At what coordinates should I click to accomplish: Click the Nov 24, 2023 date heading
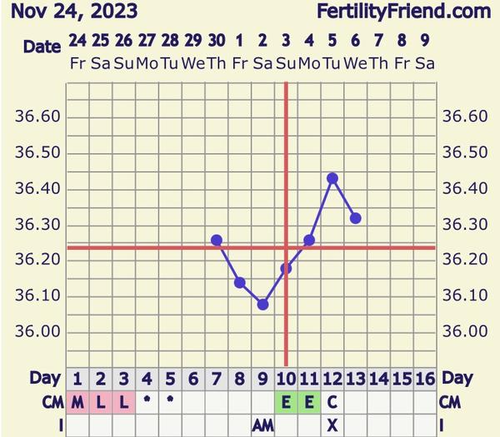[69, 12]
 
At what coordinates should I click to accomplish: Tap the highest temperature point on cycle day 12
[332, 178]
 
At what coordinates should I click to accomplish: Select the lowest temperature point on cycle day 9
[262, 305]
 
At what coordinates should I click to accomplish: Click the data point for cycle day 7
[217, 240]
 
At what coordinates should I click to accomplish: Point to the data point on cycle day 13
[356, 218]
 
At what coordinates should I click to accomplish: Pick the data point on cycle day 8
[240, 283]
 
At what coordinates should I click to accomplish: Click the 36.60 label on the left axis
[37, 117]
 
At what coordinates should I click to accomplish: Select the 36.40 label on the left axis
[37, 189]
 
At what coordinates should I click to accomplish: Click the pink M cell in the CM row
[77, 402]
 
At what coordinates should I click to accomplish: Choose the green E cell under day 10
[286, 402]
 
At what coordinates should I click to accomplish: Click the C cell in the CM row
[332, 402]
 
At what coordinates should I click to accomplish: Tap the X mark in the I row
[332, 425]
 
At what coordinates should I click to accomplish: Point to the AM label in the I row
[262, 425]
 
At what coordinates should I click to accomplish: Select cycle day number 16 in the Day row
[424, 379]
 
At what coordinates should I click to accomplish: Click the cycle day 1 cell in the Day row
[77, 379]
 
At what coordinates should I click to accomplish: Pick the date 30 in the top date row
[217, 40]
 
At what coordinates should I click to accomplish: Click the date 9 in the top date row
[424, 40]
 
